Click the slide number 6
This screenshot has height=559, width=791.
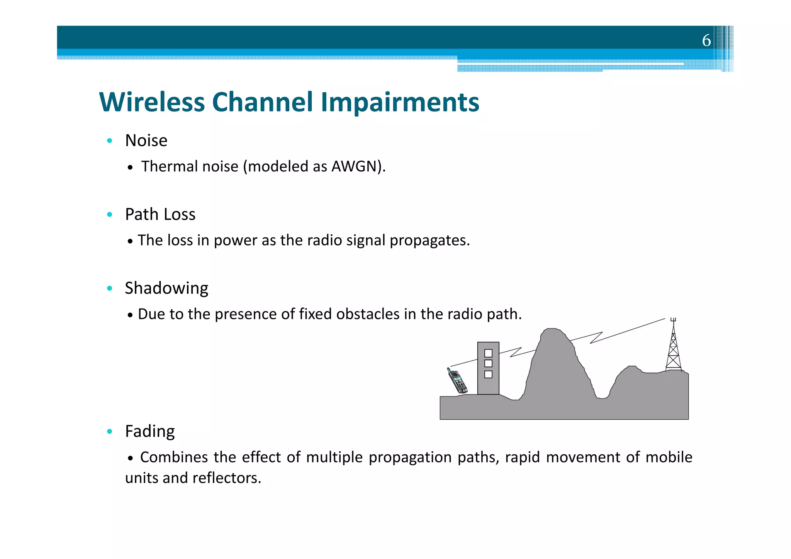(706, 40)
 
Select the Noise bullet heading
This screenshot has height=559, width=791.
(146, 141)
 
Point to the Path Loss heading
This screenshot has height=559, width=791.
(160, 214)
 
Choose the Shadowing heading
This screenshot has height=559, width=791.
(166, 288)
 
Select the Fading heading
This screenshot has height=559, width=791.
(150, 431)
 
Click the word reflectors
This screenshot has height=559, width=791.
(227, 478)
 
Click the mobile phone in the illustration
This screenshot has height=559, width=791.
(457, 381)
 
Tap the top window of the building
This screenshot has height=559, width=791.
(488, 353)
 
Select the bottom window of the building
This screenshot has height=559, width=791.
(488, 374)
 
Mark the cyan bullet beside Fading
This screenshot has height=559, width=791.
(110, 431)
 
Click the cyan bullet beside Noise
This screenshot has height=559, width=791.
(110, 141)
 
